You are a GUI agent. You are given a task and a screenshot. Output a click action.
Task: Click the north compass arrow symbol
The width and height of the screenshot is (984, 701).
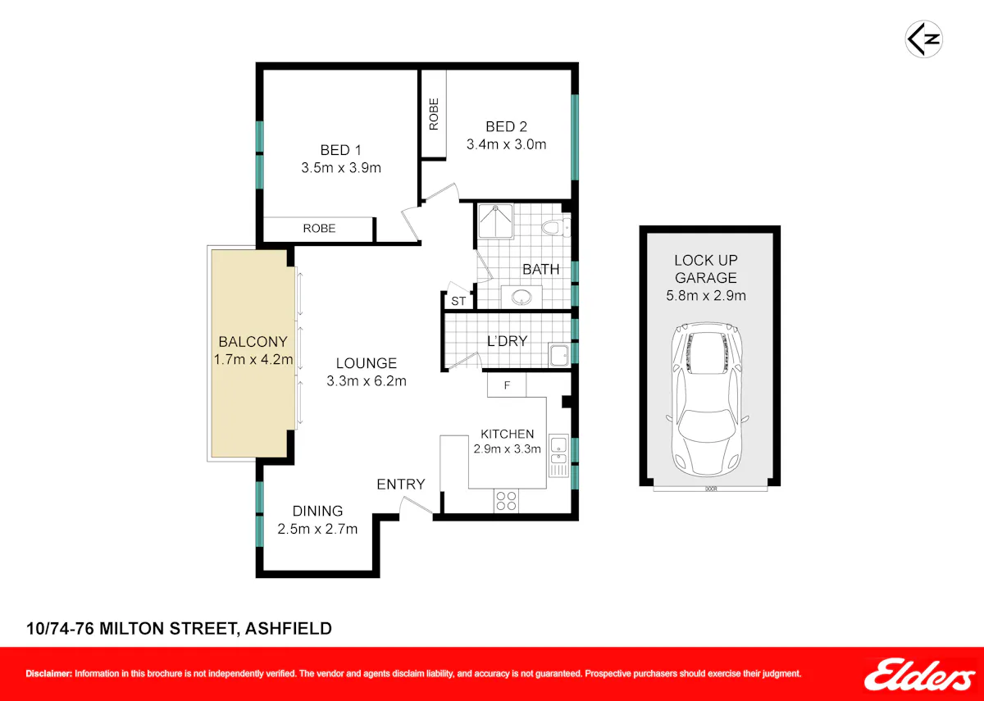pyautogui.click(x=924, y=39)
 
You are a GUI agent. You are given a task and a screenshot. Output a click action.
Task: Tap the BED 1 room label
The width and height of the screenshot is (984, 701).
pyautogui.click(x=340, y=150)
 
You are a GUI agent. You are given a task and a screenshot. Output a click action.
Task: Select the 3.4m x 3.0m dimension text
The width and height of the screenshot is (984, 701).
pyautogui.click(x=506, y=144)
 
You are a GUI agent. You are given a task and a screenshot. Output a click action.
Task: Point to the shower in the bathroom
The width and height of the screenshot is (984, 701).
pyautogui.click(x=495, y=221)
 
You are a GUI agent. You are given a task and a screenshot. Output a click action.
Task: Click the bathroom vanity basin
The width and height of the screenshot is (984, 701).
pyautogui.click(x=522, y=298)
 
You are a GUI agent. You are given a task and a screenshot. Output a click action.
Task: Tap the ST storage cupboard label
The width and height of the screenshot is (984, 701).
pyautogui.click(x=458, y=302)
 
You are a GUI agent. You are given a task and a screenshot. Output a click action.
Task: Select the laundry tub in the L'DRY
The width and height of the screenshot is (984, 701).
pyautogui.click(x=559, y=355)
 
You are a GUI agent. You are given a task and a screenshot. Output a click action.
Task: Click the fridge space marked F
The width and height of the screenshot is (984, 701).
pyautogui.click(x=507, y=385)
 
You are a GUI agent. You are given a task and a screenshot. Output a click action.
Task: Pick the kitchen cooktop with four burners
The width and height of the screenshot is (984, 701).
pyautogui.click(x=506, y=501)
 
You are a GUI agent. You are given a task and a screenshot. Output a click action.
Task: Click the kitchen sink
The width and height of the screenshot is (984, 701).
pyautogui.click(x=558, y=456)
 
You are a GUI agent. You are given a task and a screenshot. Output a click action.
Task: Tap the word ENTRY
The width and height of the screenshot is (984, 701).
pyautogui.click(x=401, y=484)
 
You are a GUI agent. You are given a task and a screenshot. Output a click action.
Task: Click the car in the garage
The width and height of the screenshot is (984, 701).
pyautogui.click(x=707, y=400)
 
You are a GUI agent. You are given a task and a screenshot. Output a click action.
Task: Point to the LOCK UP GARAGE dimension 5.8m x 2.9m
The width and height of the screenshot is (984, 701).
pyautogui.click(x=706, y=296)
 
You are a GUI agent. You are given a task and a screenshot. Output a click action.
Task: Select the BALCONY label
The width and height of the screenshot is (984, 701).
pyautogui.click(x=253, y=342)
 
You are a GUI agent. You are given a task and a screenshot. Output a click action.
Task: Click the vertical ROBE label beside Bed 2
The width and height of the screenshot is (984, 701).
pyautogui.click(x=434, y=114)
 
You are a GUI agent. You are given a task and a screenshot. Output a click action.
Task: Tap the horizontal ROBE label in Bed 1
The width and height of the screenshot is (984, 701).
pyautogui.click(x=319, y=229)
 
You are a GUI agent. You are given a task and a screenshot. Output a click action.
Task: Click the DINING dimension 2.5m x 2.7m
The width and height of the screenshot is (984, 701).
pyautogui.click(x=317, y=529)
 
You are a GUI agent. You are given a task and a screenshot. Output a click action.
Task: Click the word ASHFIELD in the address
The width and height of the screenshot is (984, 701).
pyautogui.click(x=288, y=629)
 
